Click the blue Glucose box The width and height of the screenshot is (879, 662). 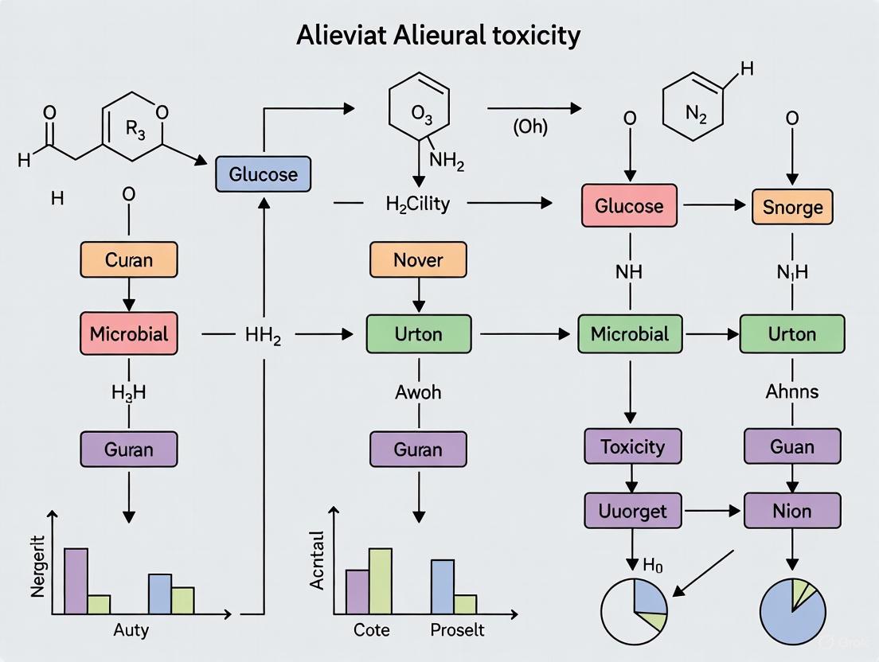[264, 174]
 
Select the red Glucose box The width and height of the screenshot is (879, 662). [629, 206]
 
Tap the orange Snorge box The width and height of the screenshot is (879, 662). [792, 207]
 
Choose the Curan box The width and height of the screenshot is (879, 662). [129, 260]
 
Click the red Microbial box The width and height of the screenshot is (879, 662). [129, 333]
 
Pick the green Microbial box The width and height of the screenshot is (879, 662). [629, 333]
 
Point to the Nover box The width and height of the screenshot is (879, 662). [418, 260]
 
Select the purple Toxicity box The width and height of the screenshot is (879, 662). [633, 446]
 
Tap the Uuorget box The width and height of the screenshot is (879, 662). [633, 510]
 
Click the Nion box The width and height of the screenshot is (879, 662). [792, 510]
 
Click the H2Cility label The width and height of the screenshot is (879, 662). [417, 204]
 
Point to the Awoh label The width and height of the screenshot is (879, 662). [418, 391]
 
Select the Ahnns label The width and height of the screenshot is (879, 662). [792, 391]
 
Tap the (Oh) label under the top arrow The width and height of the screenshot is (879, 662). [529, 127]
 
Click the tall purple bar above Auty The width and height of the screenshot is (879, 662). [76, 581]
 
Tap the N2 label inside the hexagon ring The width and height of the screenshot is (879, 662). [696, 113]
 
